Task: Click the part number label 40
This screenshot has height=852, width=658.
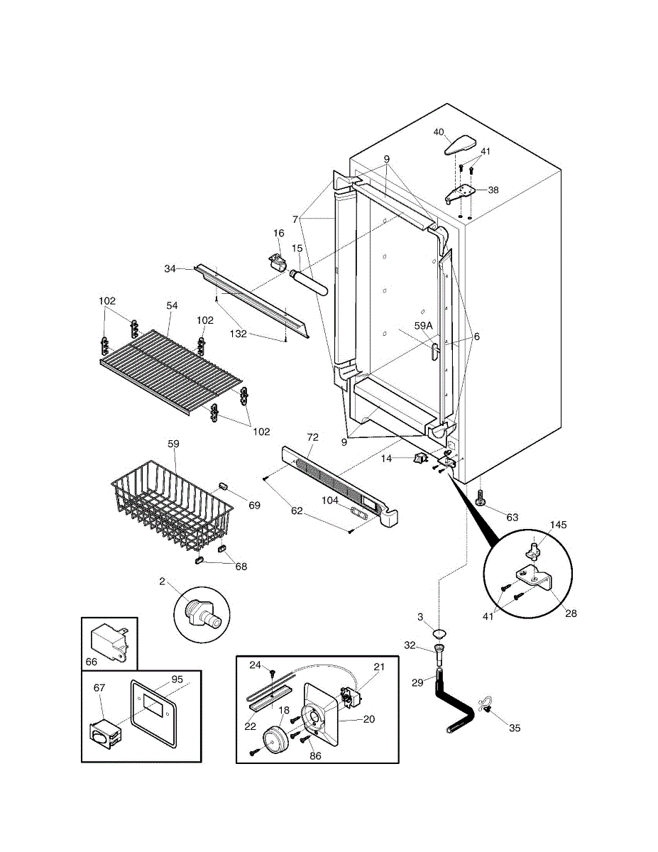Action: [x=438, y=132]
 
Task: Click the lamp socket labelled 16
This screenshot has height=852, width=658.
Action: [x=278, y=261]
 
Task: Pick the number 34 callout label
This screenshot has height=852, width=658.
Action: [x=170, y=269]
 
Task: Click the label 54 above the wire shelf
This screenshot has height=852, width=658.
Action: [x=172, y=305]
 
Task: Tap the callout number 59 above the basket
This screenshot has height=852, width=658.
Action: [x=173, y=444]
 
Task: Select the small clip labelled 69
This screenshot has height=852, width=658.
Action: [x=223, y=486]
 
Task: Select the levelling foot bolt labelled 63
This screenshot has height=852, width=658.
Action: [x=479, y=498]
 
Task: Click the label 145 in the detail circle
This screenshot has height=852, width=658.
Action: [x=558, y=525]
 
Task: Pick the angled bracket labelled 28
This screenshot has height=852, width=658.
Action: [x=535, y=578]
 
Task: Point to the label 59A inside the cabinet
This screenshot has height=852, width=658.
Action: [x=423, y=325]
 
